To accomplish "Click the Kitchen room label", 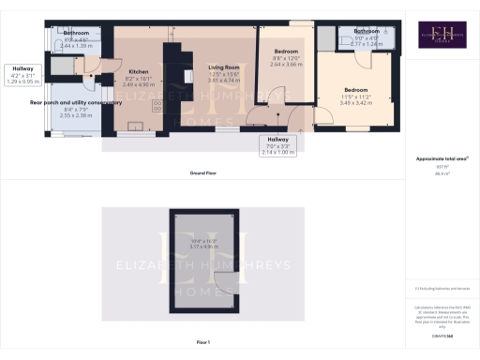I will pos(139,71).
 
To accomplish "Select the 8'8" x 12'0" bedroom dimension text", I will pos(287,57).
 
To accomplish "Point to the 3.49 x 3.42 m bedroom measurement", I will pos(357,102).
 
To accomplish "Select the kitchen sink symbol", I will pos(137,124).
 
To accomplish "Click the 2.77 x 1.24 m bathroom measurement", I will pos(367,43).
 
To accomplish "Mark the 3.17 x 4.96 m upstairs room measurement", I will pos(202,247).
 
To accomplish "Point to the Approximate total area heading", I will pos(442,158).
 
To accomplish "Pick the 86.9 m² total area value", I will pos(442,174).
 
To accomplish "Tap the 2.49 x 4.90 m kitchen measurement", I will pos(139,84).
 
